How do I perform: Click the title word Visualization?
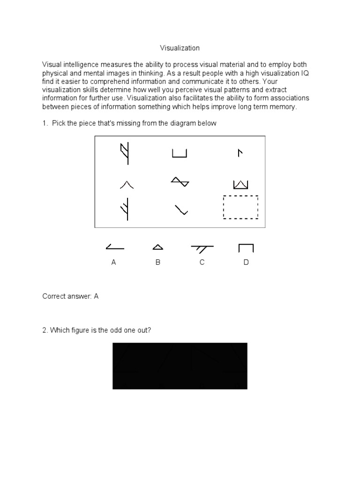click(180, 48)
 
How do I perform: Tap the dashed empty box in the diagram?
click(240, 207)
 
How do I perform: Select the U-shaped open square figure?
click(180, 153)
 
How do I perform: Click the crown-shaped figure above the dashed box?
click(240, 184)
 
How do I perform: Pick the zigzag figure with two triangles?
click(180, 182)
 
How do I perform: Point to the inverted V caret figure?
click(127, 185)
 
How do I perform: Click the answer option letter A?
click(113, 262)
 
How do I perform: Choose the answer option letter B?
click(158, 262)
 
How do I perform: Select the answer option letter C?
click(202, 262)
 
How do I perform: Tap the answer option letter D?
click(246, 262)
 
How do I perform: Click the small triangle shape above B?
click(158, 247)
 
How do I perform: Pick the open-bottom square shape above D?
click(246, 248)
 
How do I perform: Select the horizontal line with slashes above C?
click(202, 248)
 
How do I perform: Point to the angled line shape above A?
click(114, 247)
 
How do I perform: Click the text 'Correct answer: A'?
click(70, 296)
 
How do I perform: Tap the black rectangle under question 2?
click(180, 366)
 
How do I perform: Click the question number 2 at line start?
click(45, 330)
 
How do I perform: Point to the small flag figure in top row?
click(240, 153)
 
